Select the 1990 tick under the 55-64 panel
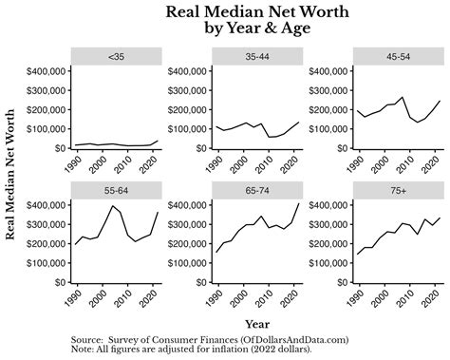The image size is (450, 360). coord(77,297)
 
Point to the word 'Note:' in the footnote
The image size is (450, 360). coord(85,349)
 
